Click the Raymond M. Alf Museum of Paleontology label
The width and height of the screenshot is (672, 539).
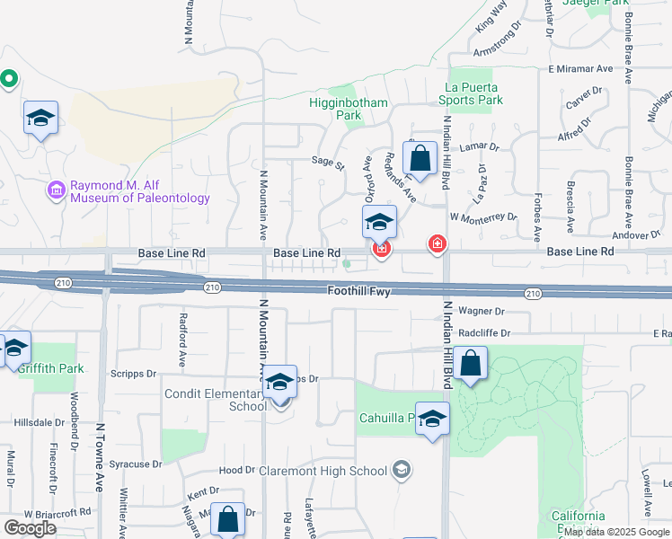(x=140, y=191)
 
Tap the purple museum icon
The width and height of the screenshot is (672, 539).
(x=57, y=190)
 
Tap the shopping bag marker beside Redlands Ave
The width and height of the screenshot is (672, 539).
(x=420, y=160)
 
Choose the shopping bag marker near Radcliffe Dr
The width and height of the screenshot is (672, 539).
(x=470, y=364)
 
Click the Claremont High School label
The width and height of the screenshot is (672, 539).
(x=323, y=471)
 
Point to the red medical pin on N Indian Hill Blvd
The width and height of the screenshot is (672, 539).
(x=438, y=243)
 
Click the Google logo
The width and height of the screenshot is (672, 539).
(x=30, y=528)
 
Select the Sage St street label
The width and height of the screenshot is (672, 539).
(x=328, y=164)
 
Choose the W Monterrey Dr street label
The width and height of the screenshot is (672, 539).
(x=484, y=217)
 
